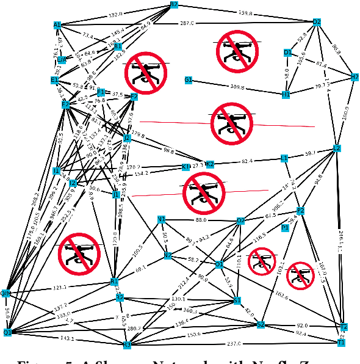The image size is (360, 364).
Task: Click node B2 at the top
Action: pyautogui.click(x=174, y=4)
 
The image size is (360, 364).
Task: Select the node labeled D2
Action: pyautogui.click(x=317, y=22)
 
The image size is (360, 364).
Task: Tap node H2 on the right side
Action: pyautogui.click(x=355, y=77)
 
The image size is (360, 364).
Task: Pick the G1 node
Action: pyautogui.click(x=189, y=80)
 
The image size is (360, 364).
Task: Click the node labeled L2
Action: pyautogui.click(x=336, y=148)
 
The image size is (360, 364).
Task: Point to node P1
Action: pyautogui.click(x=285, y=228)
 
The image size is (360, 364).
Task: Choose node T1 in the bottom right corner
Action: pyautogui.click(x=341, y=343)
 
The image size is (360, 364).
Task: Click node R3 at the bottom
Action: pyautogui.click(x=128, y=345)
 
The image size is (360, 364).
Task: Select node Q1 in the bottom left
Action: pyautogui.click(x=7, y=332)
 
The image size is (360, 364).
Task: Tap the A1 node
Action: pyautogui.click(x=57, y=26)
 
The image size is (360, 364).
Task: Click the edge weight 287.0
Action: pyautogui.click(x=187, y=23)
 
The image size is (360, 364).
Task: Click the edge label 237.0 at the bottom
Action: pyautogui.click(x=234, y=343)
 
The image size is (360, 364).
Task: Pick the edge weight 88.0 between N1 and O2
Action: pyautogui.click(x=201, y=220)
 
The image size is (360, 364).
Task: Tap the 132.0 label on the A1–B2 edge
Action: pyautogui.click(x=115, y=14)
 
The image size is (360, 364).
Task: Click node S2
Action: pyautogui.click(x=261, y=324)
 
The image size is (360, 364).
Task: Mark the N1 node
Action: pyautogui.click(x=161, y=219)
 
